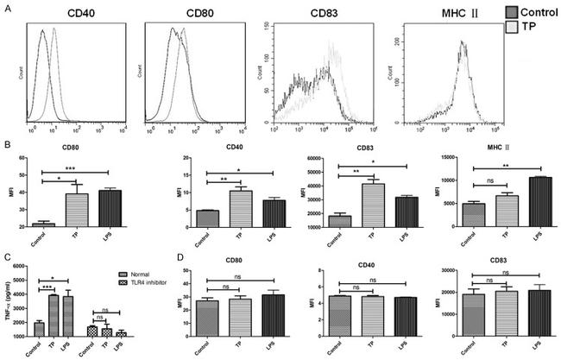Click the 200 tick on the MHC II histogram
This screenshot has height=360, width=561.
pyautogui.click(x=391, y=40)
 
